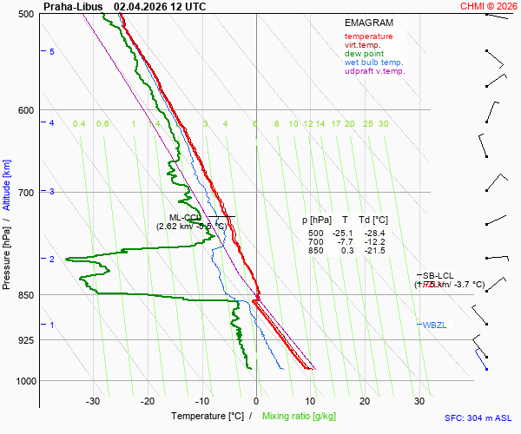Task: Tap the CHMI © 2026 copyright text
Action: [488, 6]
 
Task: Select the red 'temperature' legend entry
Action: [368, 36]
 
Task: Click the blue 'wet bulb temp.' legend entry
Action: [373, 62]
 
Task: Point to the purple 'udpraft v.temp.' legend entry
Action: [374, 71]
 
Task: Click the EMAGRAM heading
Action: [368, 22]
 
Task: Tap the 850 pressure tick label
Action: [25, 295]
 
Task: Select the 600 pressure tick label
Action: [25, 109]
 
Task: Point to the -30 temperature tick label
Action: [93, 401]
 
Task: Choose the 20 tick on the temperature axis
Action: [365, 401]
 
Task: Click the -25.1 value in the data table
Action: [343, 233]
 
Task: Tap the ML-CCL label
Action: [185, 217]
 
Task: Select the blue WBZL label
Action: [433, 325]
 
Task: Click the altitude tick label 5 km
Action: [52, 52]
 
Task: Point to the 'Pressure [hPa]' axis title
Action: [7, 260]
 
